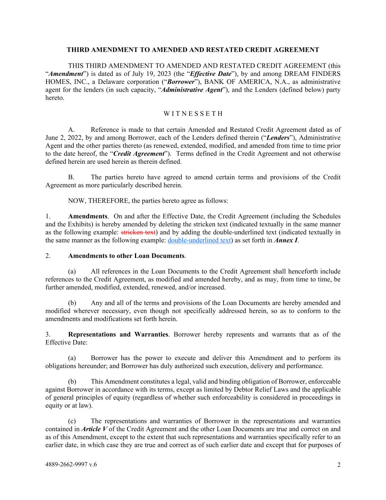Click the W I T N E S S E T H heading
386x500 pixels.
(x=193, y=114)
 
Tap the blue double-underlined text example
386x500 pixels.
(x=199, y=240)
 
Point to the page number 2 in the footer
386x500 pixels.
(x=339, y=465)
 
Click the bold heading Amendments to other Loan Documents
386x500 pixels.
(x=126, y=256)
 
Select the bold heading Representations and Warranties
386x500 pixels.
(x=118, y=334)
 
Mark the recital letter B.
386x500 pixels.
(x=71, y=177)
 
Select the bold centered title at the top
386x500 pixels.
(x=193, y=50)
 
